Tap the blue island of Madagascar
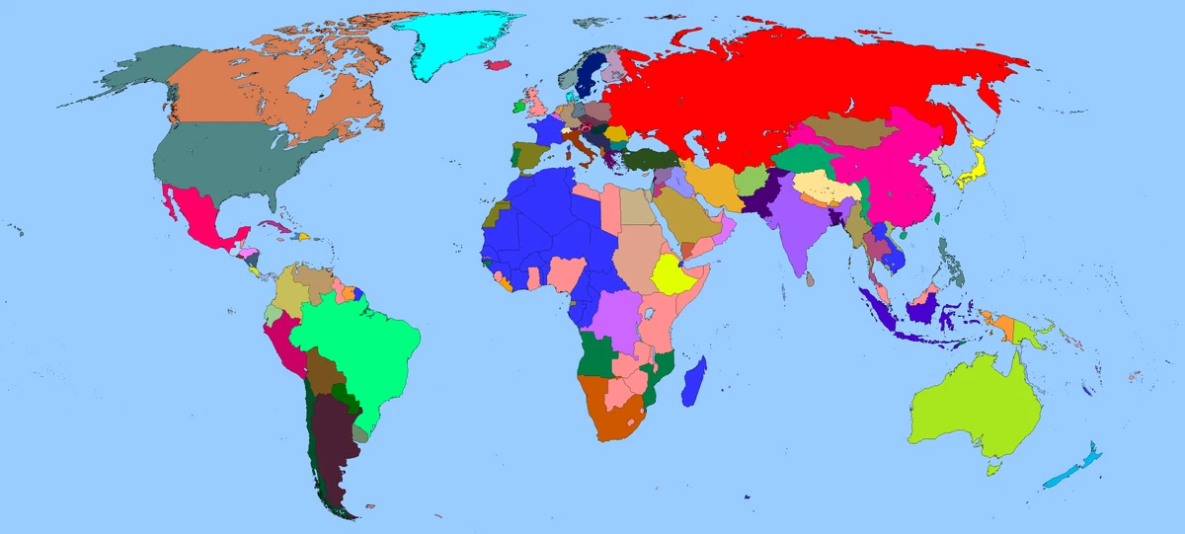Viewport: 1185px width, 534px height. tap(694, 382)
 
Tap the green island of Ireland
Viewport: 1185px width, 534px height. tap(515, 104)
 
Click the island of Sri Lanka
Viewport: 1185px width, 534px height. tap(811, 280)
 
